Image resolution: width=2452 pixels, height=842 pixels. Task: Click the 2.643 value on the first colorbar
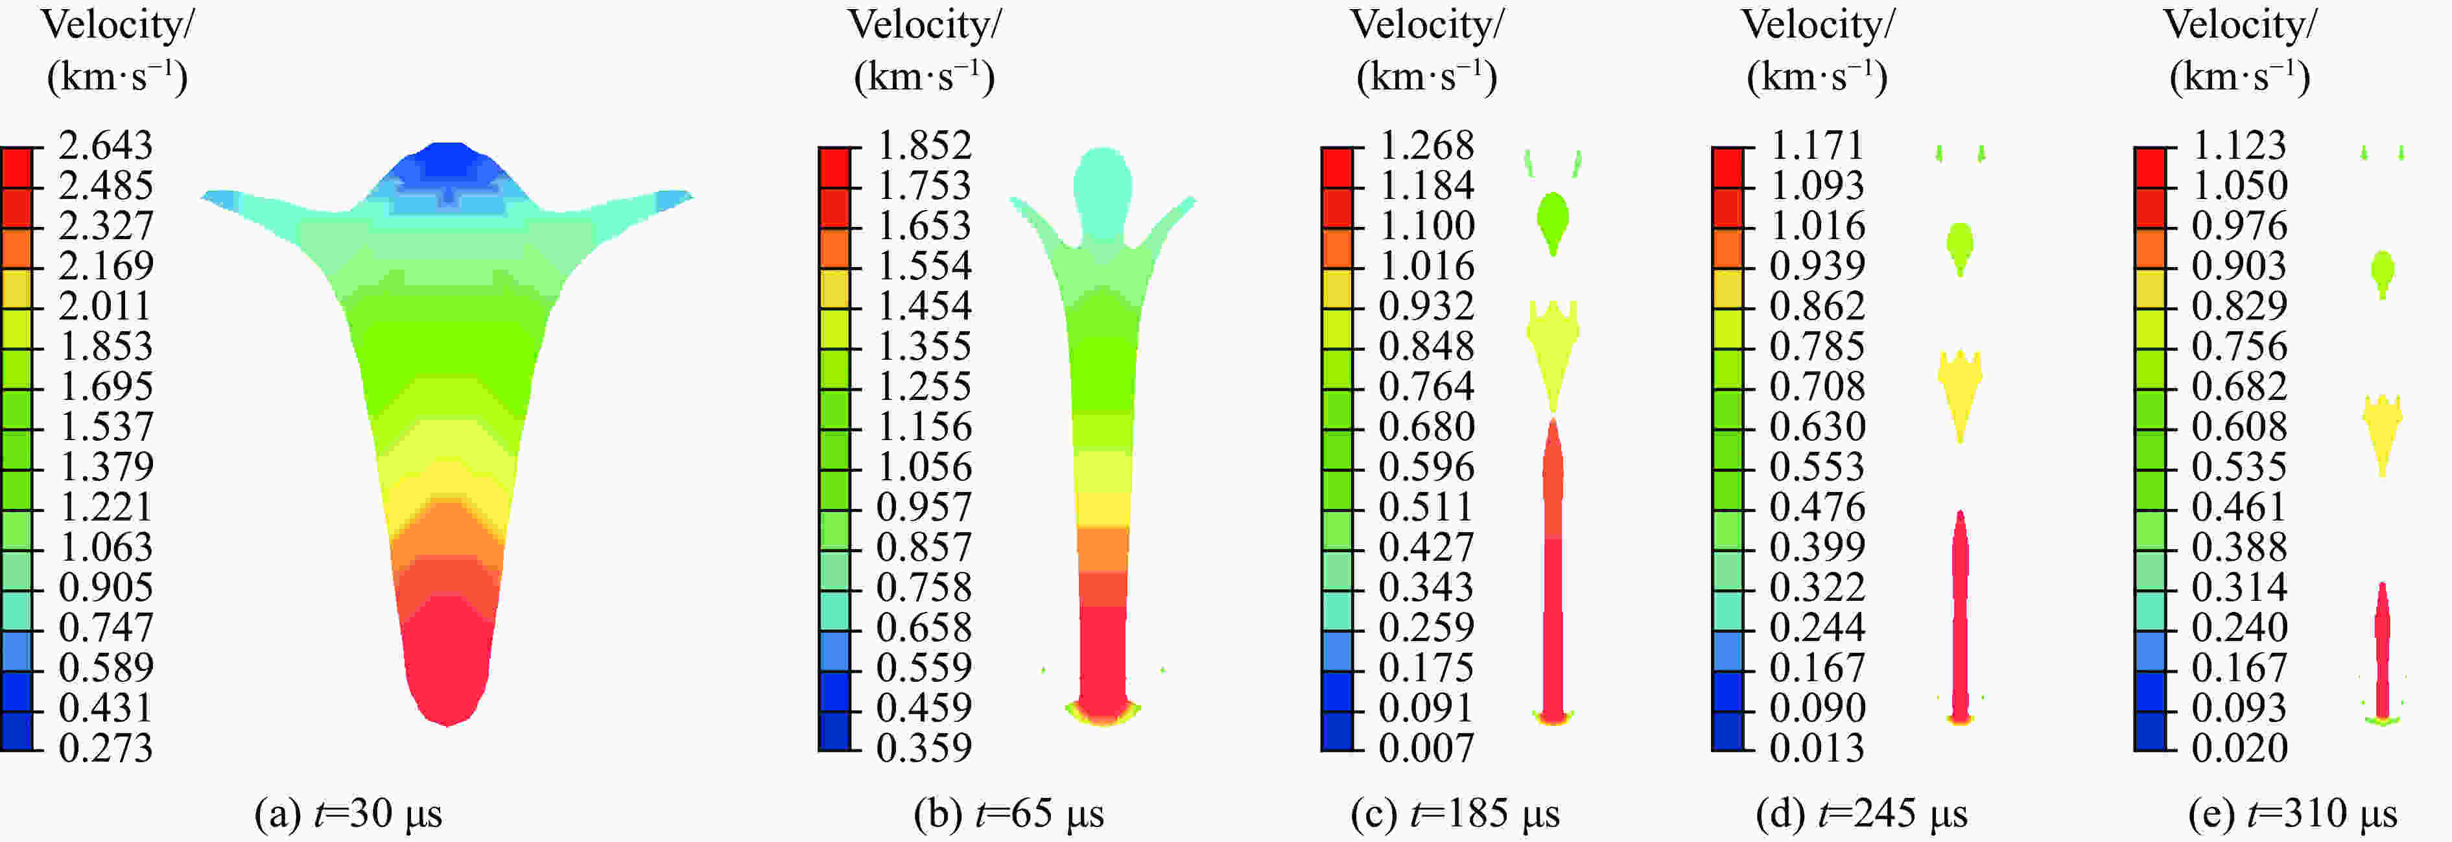point(104,146)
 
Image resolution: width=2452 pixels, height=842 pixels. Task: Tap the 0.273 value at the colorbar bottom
point(104,748)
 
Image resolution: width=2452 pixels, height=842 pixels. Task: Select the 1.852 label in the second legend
point(923,146)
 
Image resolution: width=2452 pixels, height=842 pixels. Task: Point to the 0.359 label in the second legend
point(923,748)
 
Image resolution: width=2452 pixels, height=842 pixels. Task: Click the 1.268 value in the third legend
point(1426,146)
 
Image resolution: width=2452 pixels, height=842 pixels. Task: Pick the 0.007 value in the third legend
point(1426,748)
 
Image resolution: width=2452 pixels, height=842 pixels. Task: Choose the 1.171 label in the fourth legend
point(1816,146)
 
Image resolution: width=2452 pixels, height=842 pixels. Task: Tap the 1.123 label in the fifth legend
point(2239,146)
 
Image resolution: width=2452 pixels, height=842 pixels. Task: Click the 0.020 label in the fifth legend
point(2239,748)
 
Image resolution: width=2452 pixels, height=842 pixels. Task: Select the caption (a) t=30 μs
point(348,813)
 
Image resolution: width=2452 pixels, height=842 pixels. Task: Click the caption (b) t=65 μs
point(1009,813)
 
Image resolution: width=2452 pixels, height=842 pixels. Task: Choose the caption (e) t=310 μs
point(2292,813)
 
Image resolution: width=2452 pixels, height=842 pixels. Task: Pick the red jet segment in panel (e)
point(2383,657)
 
